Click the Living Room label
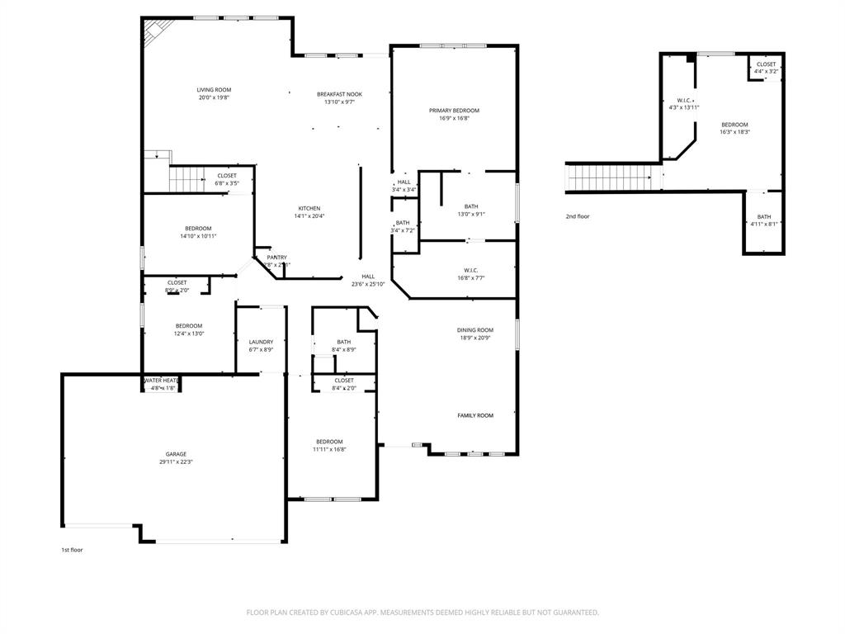pyautogui.click(x=214, y=90)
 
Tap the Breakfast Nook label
pyautogui.click(x=339, y=94)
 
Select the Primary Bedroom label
pyautogui.click(x=454, y=111)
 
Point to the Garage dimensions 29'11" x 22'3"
pyautogui.click(x=176, y=462)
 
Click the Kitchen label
pyautogui.click(x=309, y=208)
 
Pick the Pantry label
pyautogui.click(x=276, y=258)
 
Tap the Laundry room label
pyautogui.click(x=261, y=342)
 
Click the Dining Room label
pyautogui.click(x=475, y=330)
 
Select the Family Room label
pyautogui.click(x=475, y=415)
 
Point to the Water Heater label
pyautogui.click(x=161, y=381)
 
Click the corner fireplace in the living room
pyautogui.click(x=154, y=33)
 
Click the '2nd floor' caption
pyautogui.click(x=578, y=216)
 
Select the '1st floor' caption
pyautogui.click(x=72, y=550)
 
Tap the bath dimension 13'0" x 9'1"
pyautogui.click(x=470, y=215)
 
